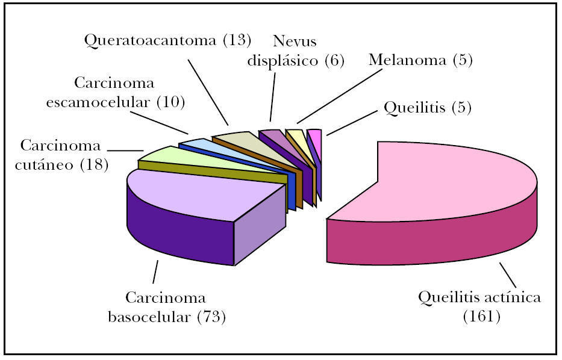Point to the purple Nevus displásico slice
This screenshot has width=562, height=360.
click(271, 135)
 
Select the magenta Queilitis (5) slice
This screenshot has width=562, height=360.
click(314, 134)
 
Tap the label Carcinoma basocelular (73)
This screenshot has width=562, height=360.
click(166, 307)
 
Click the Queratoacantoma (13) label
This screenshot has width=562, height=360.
click(167, 41)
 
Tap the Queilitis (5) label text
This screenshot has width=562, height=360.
click(427, 108)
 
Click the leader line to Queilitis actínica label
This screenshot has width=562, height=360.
click(508, 275)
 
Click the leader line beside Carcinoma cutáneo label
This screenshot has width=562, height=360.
click(125, 150)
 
